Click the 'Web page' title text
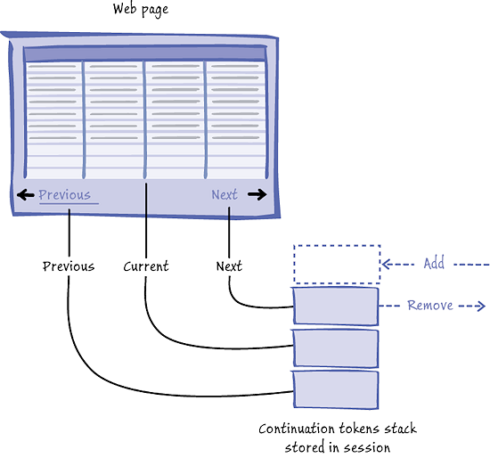pos(141,11)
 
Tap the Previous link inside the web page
pos(64,195)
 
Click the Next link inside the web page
pos(225,195)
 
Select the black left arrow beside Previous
pos(25,195)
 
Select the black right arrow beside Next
pos(257,195)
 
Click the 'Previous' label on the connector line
pos(69,266)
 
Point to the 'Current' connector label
pos(145,266)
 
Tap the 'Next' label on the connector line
pos(229,266)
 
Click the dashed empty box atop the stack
pos(337,264)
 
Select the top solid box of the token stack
pos(336,307)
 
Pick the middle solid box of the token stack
pos(336,348)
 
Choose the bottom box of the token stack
pos(336,390)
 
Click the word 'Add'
pos(434,264)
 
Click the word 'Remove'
pos(430,306)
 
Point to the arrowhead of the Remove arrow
pos(479,307)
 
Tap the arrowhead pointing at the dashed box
pos(388,265)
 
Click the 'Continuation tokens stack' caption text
pos(337,429)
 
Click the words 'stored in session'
pos(337,446)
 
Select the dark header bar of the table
pos(145,54)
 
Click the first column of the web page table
pos(54,116)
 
